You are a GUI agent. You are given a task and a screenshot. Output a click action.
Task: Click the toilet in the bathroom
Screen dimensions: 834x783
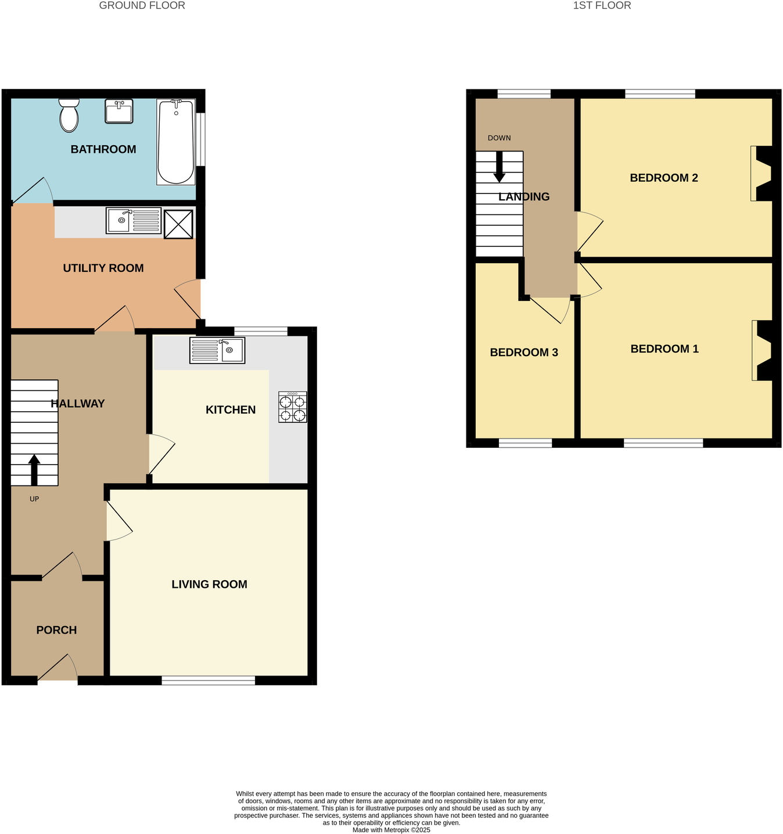pyautogui.click(x=69, y=115)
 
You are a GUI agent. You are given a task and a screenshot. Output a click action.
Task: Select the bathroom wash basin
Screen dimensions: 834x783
pyautogui.click(x=119, y=111)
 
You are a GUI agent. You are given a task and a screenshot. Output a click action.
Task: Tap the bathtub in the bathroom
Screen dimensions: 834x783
pyautogui.click(x=175, y=142)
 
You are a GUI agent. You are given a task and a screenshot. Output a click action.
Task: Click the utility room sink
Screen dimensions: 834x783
pyautogui.click(x=133, y=221)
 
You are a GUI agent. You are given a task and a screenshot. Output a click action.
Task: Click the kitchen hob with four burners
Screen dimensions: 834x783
pyautogui.click(x=293, y=407)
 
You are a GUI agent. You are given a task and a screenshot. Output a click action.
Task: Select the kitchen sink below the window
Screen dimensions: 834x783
pyautogui.click(x=217, y=351)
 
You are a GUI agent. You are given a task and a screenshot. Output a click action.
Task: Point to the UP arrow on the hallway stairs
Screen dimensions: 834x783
pyautogui.click(x=34, y=469)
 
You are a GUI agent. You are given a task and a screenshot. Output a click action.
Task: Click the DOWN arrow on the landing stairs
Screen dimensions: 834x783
pyautogui.click(x=499, y=167)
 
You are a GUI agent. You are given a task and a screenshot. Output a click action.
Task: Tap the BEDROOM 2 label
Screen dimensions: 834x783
pyautogui.click(x=663, y=178)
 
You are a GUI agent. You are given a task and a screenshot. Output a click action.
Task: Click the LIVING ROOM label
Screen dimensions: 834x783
pyautogui.click(x=209, y=584)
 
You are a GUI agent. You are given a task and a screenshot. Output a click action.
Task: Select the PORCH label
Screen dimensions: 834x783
pyautogui.click(x=56, y=630)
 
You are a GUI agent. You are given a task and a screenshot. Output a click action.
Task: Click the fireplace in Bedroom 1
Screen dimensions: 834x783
pyautogui.click(x=762, y=350)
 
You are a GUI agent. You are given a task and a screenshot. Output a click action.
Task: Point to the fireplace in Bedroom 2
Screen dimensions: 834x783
pyautogui.click(x=761, y=174)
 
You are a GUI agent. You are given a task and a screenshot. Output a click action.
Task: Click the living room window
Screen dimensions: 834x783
pyautogui.click(x=208, y=681)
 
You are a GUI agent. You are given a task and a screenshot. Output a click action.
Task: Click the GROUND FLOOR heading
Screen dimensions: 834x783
pyautogui.click(x=142, y=6)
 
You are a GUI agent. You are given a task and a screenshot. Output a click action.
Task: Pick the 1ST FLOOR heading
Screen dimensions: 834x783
pyautogui.click(x=602, y=6)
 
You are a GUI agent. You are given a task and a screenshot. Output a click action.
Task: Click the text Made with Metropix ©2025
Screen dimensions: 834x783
pyautogui.click(x=391, y=830)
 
